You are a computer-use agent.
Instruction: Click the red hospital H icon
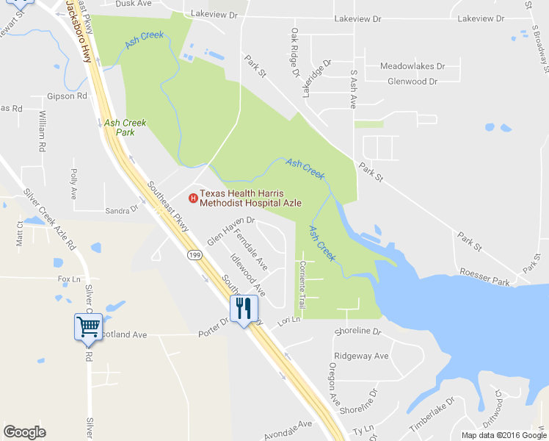point(193,197)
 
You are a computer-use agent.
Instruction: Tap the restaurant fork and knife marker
point(244,309)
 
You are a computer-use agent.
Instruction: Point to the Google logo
point(25,432)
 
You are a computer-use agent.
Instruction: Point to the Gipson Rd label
point(67,96)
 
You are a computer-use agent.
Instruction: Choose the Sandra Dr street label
point(122,209)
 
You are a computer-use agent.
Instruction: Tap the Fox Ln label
point(69,279)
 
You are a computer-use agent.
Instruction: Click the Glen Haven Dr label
point(230,230)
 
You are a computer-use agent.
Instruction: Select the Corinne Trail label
point(301,283)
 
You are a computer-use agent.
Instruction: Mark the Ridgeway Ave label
point(361,356)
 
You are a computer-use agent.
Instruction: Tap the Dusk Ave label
point(150,3)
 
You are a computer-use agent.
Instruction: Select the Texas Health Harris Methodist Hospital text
point(250,198)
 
